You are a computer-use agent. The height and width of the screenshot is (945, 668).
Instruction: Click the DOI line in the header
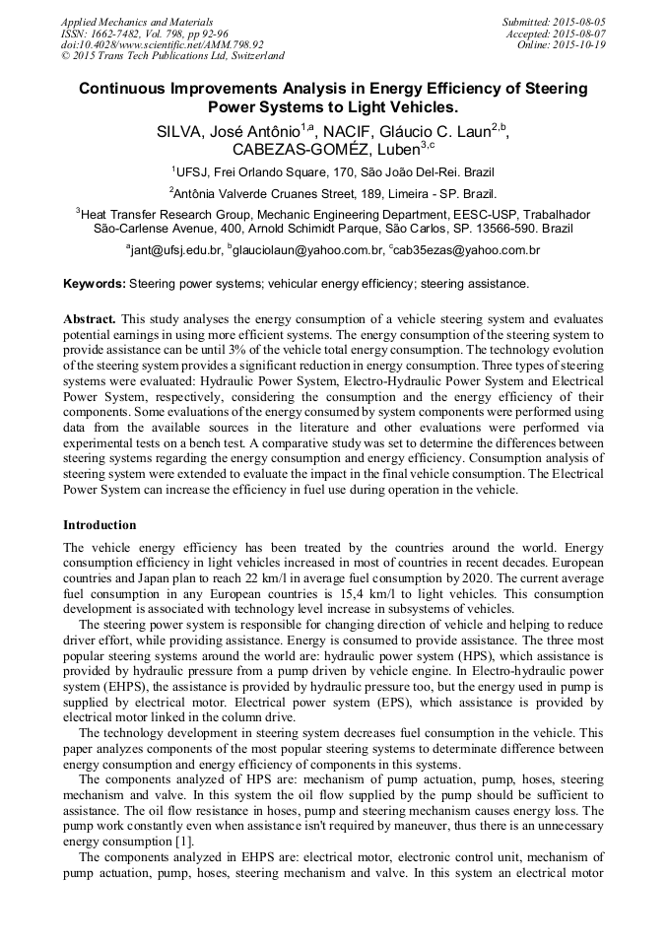pos(162,44)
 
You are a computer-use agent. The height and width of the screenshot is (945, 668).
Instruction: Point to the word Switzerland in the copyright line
pos(252,56)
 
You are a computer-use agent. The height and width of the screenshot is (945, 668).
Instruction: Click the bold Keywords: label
pos(95,284)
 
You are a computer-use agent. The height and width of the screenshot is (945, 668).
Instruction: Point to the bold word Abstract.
pos(89,320)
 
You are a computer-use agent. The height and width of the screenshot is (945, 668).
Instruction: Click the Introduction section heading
pos(100,525)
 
